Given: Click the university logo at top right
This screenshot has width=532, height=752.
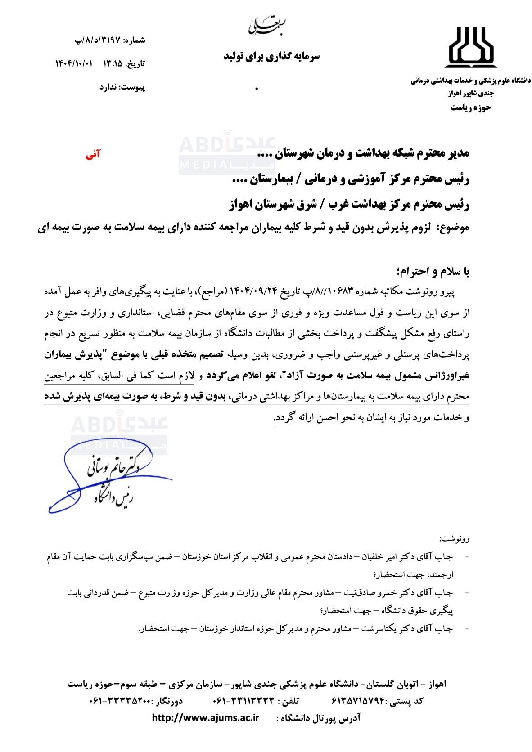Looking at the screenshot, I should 471,45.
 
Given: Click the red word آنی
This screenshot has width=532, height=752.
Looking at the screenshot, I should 93,155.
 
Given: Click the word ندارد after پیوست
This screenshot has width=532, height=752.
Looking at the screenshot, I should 108,87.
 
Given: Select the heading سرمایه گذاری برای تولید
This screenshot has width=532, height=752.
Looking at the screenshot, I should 271,57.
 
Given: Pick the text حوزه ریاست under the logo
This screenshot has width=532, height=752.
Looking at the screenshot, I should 471,107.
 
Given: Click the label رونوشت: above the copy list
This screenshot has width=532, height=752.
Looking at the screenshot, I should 454,538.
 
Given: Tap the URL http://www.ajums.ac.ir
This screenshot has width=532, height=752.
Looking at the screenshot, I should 206,717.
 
